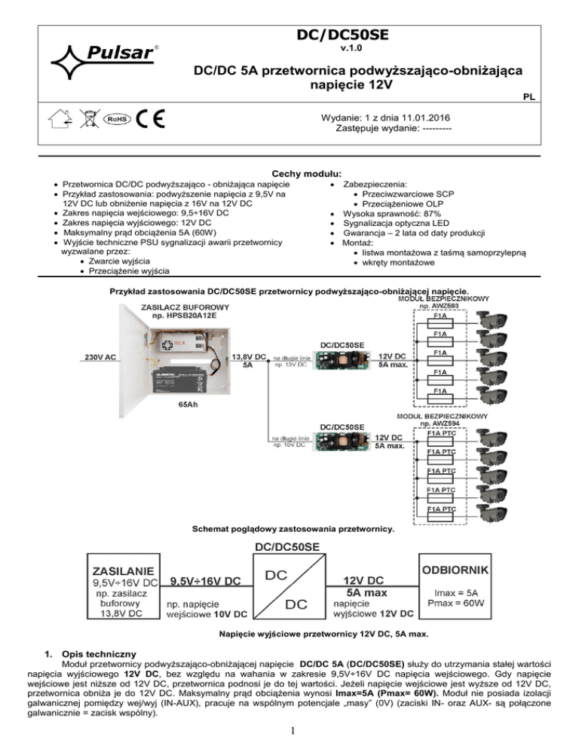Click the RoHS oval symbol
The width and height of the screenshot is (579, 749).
pyautogui.click(x=115, y=121)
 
